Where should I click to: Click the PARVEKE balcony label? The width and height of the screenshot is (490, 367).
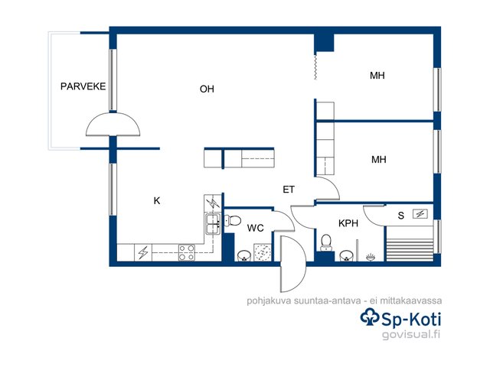(x=83, y=86)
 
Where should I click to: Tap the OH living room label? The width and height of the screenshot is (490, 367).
(x=207, y=89)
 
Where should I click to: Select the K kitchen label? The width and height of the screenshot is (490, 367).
(x=157, y=200)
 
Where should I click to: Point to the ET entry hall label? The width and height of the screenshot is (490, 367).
(x=289, y=190)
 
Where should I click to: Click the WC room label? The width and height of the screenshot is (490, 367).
(x=255, y=228)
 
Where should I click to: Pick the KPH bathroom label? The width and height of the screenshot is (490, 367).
(x=348, y=223)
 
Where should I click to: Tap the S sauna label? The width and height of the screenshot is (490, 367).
(x=401, y=216)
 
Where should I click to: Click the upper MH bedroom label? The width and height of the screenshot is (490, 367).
(x=377, y=76)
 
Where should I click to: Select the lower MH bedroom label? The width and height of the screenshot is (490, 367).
(x=379, y=160)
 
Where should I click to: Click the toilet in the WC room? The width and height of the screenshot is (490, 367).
(x=233, y=221)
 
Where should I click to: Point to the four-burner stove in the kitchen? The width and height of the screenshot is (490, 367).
(x=187, y=253)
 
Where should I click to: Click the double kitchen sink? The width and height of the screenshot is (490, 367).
(x=213, y=224)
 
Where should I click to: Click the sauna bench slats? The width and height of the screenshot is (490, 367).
(x=410, y=250)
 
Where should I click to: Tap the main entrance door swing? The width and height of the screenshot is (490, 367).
(x=293, y=264)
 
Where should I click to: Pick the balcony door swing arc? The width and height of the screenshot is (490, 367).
(x=113, y=124)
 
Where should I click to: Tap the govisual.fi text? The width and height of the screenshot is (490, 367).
(x=411, y=335)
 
